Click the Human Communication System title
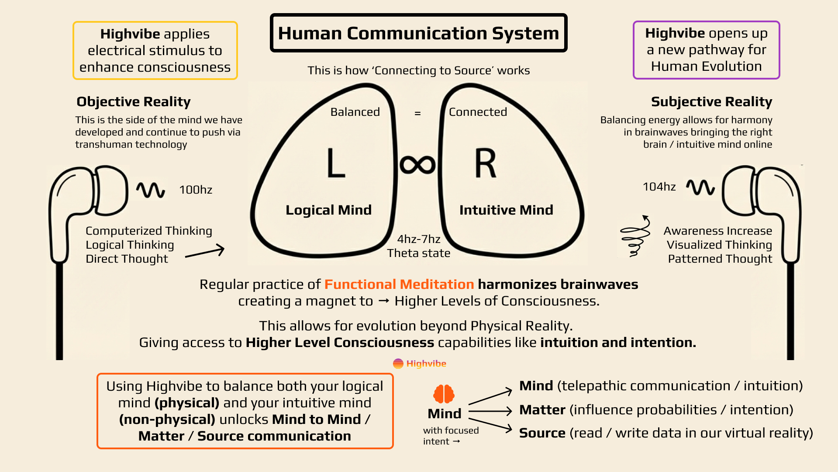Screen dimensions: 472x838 coord(418,33)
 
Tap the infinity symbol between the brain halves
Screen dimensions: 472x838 coord(417,165)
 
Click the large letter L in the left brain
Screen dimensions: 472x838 coord(336,163)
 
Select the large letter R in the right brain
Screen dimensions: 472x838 coord(486,163)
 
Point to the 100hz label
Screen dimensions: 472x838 coord(196,190)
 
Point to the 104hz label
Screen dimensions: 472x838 coord(659,187)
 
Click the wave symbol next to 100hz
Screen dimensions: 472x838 coord(150,190)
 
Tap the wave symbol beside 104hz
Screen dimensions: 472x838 coord(700,187)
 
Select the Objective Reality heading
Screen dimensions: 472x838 coord(134,101)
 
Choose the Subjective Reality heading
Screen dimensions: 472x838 coord(711,101)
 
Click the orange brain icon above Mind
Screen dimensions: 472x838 coord(444,394)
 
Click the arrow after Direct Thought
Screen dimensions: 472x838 coord(205,252)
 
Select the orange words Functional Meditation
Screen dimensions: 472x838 coord(399,284)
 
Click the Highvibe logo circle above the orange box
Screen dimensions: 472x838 coord(398,364)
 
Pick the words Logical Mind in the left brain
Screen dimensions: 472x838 coord(328,210)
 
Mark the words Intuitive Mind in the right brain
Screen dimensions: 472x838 coord(506,210)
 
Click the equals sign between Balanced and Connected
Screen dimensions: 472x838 coord(417,113)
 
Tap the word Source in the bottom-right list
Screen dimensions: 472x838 coord(542,433)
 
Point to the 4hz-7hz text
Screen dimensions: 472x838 coord(418,239)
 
